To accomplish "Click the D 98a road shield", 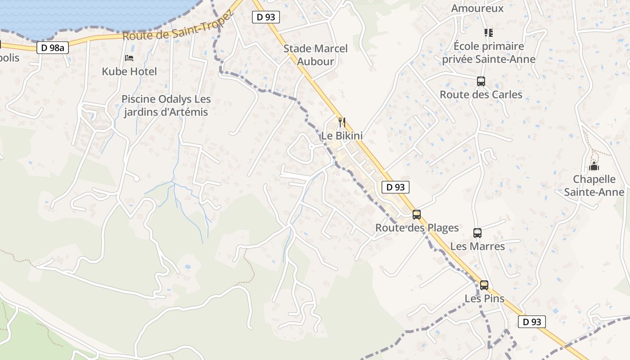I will pyautogui.click(x=53, y=48).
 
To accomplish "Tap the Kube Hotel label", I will pyautogui.click(x=129, y=71).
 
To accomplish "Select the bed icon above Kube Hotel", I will pyautogui.click(x=129, y=58).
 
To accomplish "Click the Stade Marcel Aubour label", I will pyautogui.click(x=315, y=55).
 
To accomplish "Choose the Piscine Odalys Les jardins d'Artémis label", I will pyautogui.click(x=166, y=105).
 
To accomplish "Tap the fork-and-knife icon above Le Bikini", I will pyautogui.click(x=342, y=122).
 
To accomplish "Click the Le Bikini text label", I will pyautogui.click(x=342, y=135).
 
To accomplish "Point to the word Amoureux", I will pyautogui.click(x=477, y=8).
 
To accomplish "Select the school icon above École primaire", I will pyautogui.click(x=488, y=32).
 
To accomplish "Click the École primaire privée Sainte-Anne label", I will pyautogui.click(x=489, y=53).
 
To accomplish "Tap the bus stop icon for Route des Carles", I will pyautogui.click(x=481, y=81).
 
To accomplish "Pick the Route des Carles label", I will pyautogui.click(x=481, y=94).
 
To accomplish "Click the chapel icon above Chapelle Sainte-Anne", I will pyautogui.click(x=594, y=166).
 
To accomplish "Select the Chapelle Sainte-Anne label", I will pyautogui.click(x=594, y=185).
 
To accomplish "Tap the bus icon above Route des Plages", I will pyautogui.click(x=417, y=215).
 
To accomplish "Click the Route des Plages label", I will pyautogui.click(x=417, y=228).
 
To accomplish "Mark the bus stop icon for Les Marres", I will pyautogui.click(x=477, y=233).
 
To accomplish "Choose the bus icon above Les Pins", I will pyautogui.click(x=484, y=285).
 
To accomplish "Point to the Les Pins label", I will pyautogui.click(x=484, y=298).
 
